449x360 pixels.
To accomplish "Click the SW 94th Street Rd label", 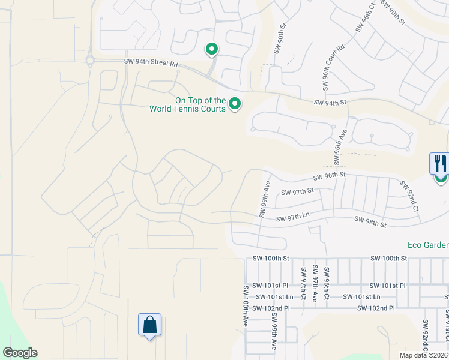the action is click(151, 62).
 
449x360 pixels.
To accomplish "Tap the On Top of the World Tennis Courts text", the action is click(187, 105).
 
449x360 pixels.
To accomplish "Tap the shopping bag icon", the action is click(149, 325).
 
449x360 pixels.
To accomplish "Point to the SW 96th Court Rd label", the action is click(333, 67).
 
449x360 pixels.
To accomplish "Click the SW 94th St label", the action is click(330, 103).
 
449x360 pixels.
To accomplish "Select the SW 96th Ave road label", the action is click(340, 142).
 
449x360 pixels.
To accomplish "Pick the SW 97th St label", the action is click(298, 191).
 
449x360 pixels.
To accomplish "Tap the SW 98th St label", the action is click(370, 221).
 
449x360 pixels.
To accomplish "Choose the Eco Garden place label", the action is click(428, 245).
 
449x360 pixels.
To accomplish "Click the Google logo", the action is click(20, 353).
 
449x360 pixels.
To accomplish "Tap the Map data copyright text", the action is click(424, 355).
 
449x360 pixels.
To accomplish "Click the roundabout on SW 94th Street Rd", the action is click(90, 61).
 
